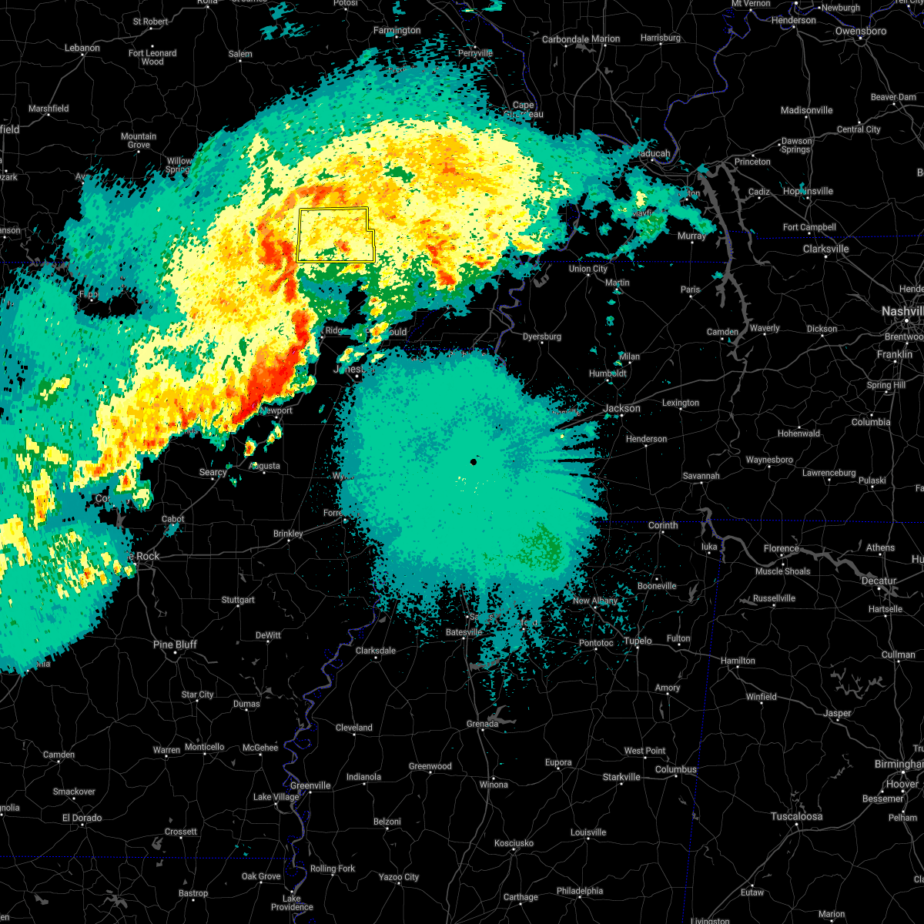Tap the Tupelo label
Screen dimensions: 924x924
click(x=638, y=641)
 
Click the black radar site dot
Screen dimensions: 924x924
click(x=474, y=462)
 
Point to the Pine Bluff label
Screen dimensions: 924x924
click(x=175, y=644)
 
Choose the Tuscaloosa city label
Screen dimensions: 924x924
click(x=796, y=816)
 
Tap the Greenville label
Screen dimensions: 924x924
click(x=310, y=785)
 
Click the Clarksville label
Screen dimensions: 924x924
click(x=825, y=249)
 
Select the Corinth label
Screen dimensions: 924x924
click(x=662, y=525)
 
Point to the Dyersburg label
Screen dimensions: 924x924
click(x=541, y=336)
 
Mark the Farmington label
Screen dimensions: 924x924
click(x=397, y=31)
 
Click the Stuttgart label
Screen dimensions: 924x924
click(x=237, y=600)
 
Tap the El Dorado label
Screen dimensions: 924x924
click(x=82, y=818)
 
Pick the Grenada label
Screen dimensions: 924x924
click(x=483, y=724)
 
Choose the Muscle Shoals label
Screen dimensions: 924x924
click(x=782, y=571)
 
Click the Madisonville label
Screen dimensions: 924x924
click(x=806, y=110)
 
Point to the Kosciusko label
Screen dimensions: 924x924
click(x=514, y=843)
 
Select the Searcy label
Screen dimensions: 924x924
click(x=213, y=472)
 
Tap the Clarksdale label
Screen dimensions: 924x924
click(x=375, y=651)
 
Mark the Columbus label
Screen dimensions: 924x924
click(x=675, y=769)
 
